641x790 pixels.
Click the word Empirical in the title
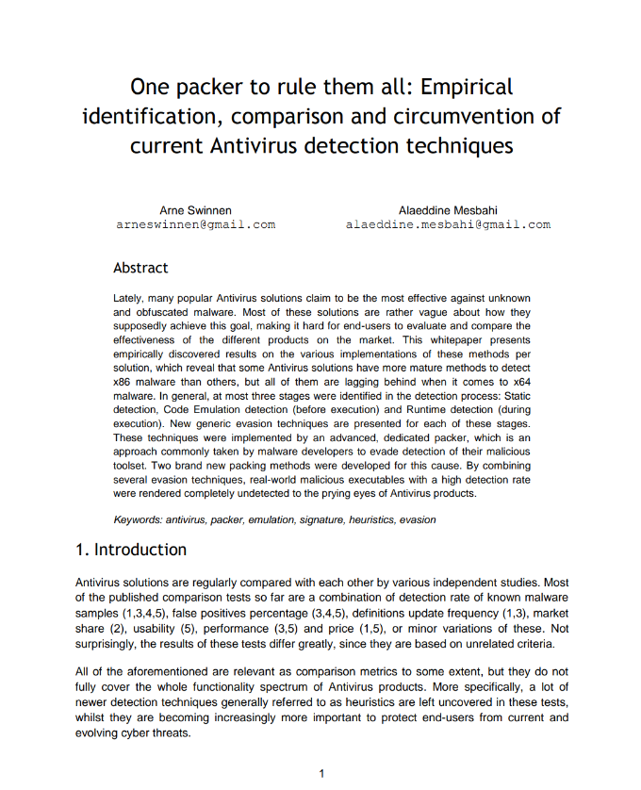pyautogui.click(x=466, y=88)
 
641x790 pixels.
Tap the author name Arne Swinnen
pyautogui.click(x=196, y=210)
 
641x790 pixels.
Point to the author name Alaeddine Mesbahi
pyautogui.click(x=449, y=210)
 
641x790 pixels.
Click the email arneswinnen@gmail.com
pyautogui.click(x=196, y=225)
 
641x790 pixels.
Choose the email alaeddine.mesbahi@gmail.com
pyautogui.click(x=449, y=225)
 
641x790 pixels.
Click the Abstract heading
pyautogui.click(x=140, y=268)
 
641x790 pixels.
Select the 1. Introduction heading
pyautogui.click(x=131, y=550)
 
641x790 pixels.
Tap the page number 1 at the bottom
pyautogui.click(x=321, y=774)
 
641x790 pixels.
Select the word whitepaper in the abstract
pyautogui.click(x=432, y=338)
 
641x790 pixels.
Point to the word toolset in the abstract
pyautogui.click(x=131, y=465)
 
